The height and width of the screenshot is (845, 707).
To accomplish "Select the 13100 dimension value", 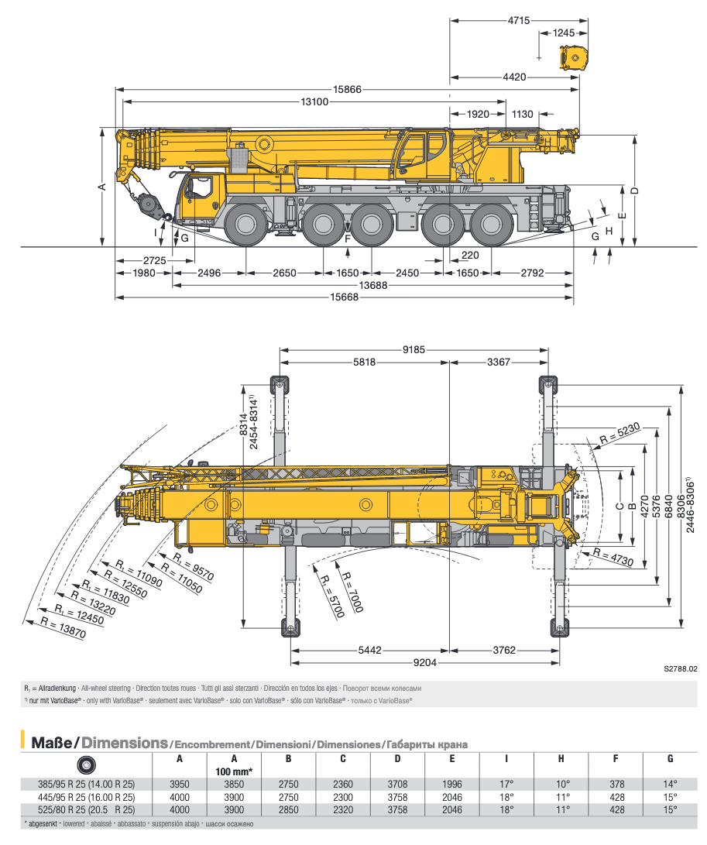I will pos(315,102).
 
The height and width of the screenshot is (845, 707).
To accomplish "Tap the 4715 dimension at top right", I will pos(519,21).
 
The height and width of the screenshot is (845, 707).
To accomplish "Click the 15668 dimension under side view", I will pos(345,297).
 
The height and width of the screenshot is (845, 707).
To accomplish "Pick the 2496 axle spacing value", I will pos(209,273).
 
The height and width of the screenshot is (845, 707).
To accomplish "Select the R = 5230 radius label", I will pos(619,436).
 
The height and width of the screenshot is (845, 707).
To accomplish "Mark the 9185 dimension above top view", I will pos(414,350).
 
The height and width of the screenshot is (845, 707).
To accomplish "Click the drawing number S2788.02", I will pos(681,668).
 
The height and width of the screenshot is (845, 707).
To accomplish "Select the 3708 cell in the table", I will pos(397,784).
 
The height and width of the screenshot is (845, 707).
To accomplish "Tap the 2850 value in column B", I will pos(288,809).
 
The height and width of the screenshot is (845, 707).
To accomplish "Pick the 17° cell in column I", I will pos(506,784).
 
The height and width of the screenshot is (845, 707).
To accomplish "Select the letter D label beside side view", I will pos(633,191).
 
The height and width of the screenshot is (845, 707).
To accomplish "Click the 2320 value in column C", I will pos(342,809).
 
